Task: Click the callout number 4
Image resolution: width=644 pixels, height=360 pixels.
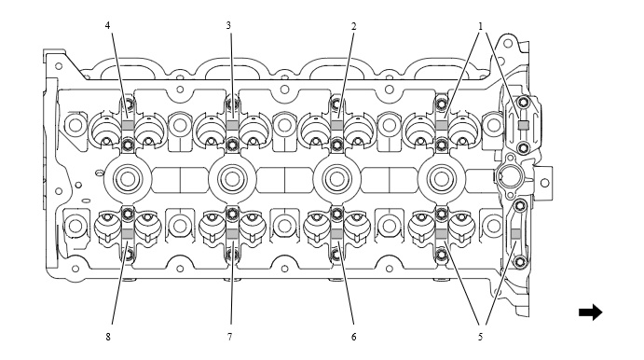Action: (x=107, y=25)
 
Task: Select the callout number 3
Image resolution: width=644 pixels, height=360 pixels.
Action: (x=228, y=25)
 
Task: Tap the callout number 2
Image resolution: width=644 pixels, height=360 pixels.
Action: (x=353, y=26)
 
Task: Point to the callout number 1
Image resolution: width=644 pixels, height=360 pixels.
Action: (x=480, y=26)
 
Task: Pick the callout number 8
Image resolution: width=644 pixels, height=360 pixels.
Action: (x=108, y=337)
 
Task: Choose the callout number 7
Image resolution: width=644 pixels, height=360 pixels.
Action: (x=229, y=337)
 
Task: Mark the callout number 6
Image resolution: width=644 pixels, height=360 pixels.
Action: (x=353, y=337)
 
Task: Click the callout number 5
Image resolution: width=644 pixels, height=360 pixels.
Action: (x=480, y=337)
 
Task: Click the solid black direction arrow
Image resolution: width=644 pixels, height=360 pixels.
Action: (x=590, y=312)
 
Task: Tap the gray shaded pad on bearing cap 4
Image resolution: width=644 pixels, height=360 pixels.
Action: (x=128, y=125)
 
